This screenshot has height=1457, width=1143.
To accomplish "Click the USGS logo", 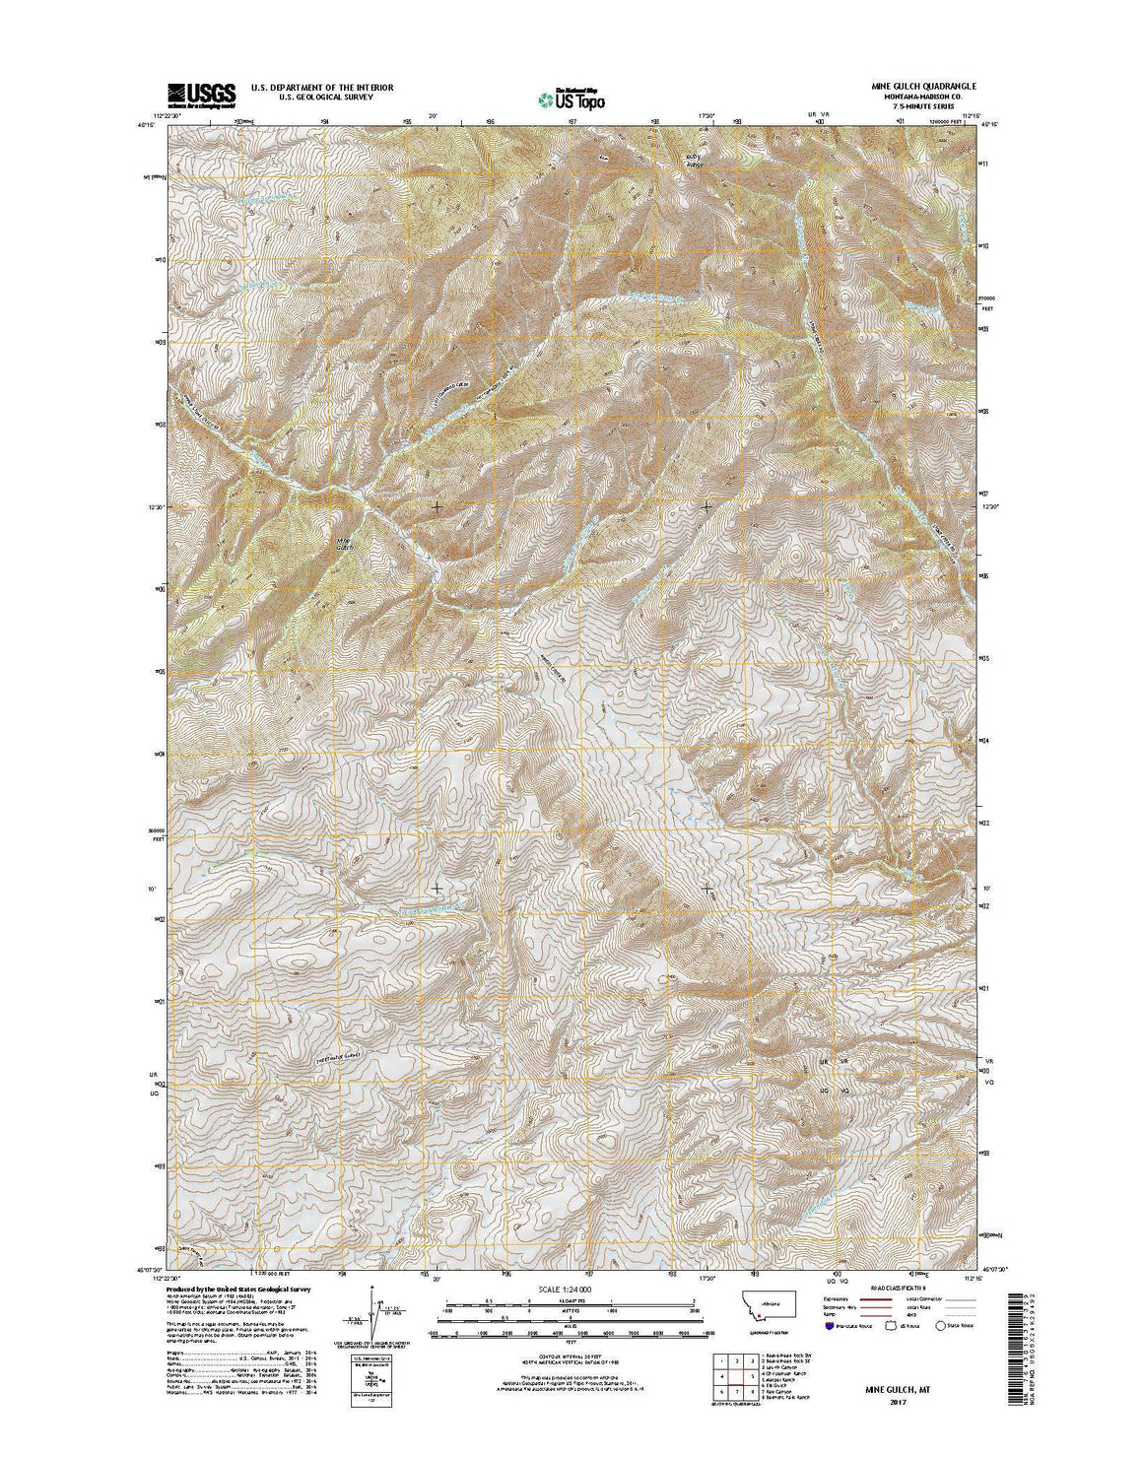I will point(202,94).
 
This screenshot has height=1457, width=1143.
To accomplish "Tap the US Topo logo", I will point(571,98).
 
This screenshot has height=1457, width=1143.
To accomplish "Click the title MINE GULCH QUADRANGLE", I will point(909,87).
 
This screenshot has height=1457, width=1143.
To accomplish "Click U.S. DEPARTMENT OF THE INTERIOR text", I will point(322,87).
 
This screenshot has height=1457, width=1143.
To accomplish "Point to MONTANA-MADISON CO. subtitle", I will point(909,98).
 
